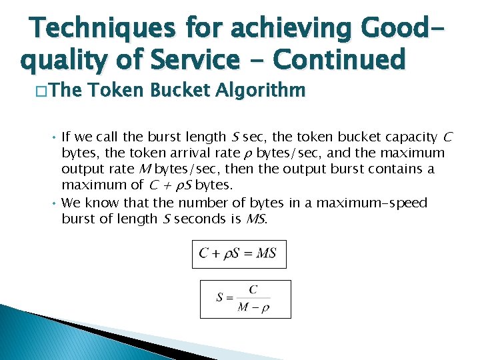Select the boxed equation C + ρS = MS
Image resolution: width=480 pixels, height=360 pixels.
pyautogui.click(x=239, y=254)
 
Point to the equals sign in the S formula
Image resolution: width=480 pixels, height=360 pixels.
pyautogui.click(x=229, y=298)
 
